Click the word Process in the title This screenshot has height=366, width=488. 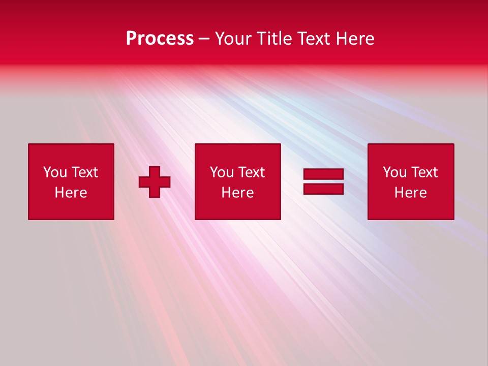tap(160, 39)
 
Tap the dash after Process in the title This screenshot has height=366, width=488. tap(204, 39)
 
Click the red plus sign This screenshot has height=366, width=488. tap(155, 182)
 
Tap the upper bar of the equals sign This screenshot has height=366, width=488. tap(323, 174)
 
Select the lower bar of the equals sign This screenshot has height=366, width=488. tap(323, 189)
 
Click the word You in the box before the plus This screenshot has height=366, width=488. tap(55, 172)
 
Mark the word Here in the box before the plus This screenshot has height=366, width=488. tap(71, 193)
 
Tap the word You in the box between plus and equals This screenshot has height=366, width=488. tap(222, 172)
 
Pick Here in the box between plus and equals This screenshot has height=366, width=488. tap(238, 193)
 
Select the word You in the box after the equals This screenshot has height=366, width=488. tap(394, 172)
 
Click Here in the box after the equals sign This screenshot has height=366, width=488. tap(411, 193)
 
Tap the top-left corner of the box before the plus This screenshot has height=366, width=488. tap(29, 144)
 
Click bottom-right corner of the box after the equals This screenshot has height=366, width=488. tap(453, 219)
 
